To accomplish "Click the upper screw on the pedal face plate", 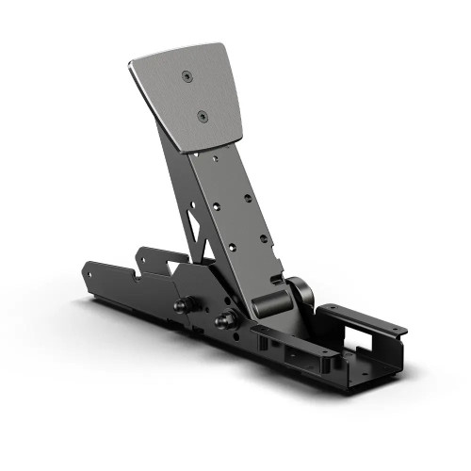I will pos(188,76).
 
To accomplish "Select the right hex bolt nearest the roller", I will pos(226,320).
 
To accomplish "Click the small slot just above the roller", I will pos(273,278).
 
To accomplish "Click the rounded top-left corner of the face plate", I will pos(131,65).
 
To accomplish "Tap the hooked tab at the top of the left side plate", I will pos(143,252).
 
